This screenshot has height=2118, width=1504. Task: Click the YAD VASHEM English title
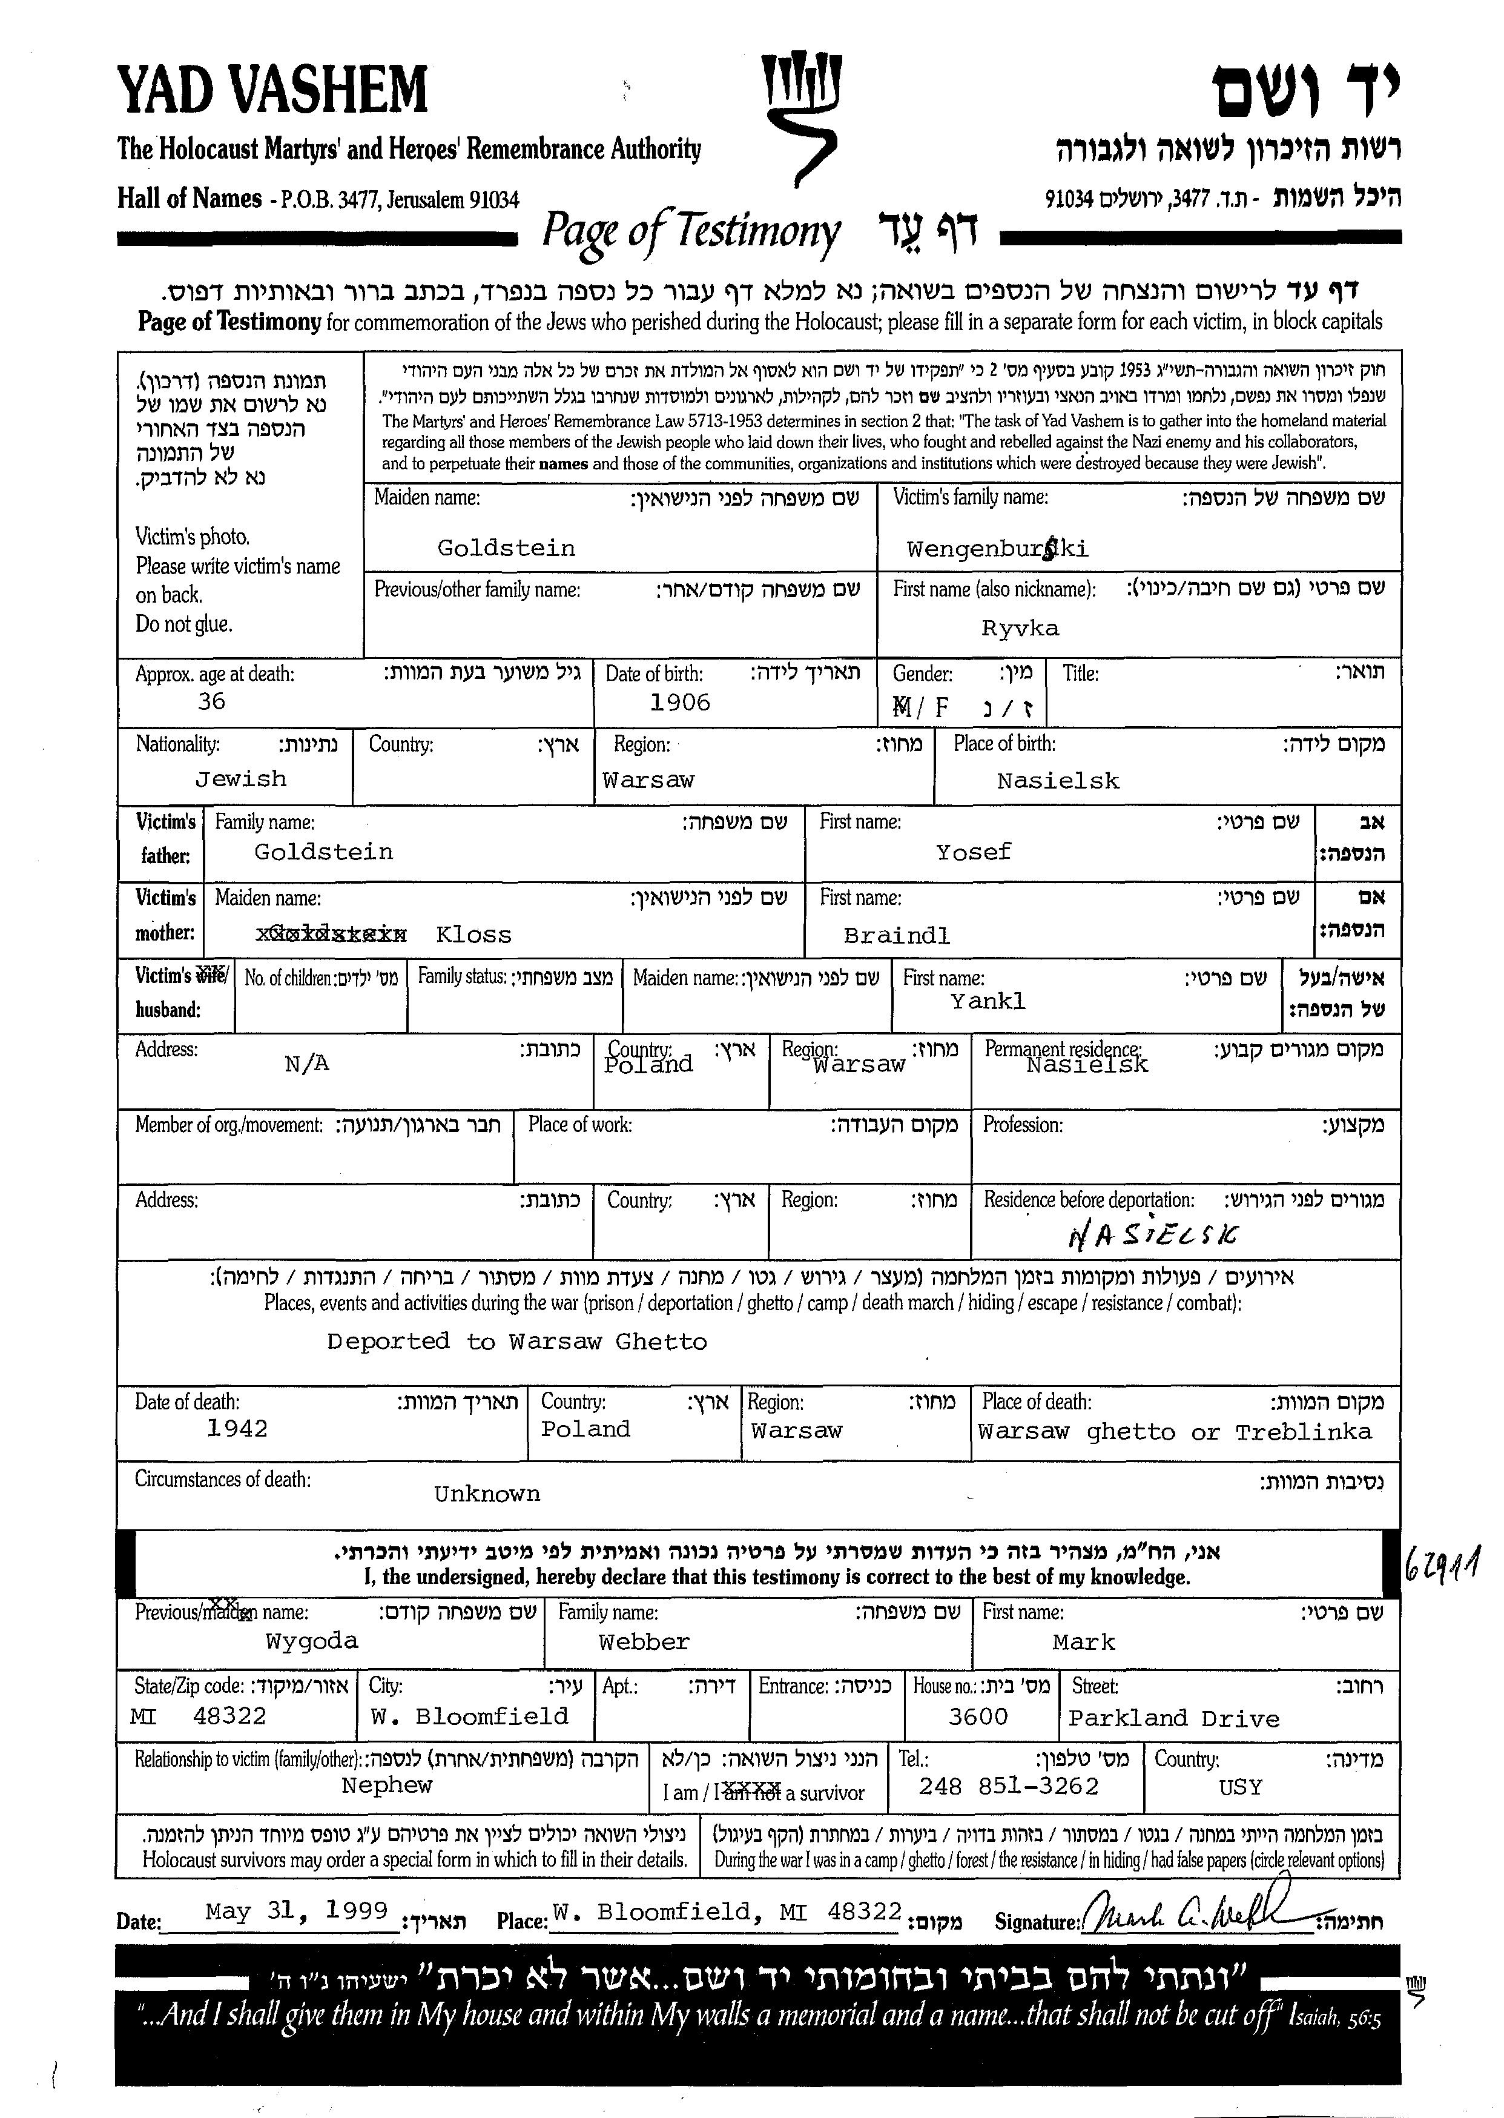(x=272, y=91)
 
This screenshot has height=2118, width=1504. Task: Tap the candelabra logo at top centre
(x=800, y=116)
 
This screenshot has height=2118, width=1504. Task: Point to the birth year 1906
(x=680, y=703)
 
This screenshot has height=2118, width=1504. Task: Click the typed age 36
(x=211, y=701)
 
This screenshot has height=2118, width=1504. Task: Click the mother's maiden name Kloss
(x=473, y=935)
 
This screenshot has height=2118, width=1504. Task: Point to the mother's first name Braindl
(x=897, y=936)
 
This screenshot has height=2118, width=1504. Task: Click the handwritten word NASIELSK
(x=1151, y=1235)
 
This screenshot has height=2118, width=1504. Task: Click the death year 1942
(x=237, y=1429)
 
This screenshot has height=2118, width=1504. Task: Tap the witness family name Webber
(x=644, y=1642)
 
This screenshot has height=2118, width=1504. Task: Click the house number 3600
(x=978, y=1717)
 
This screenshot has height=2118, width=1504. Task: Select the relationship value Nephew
(x=386, y=1785)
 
